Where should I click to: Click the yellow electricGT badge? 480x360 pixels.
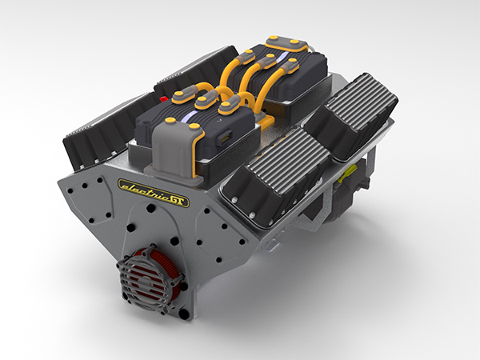(x=153, y=192)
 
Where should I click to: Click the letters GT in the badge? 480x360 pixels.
(x=178, y=200)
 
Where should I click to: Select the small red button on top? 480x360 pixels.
(x=165, y=100)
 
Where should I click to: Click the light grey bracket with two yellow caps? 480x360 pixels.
(x=175, y=149)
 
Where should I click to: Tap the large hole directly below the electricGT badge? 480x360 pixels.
(x=149, y=210)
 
